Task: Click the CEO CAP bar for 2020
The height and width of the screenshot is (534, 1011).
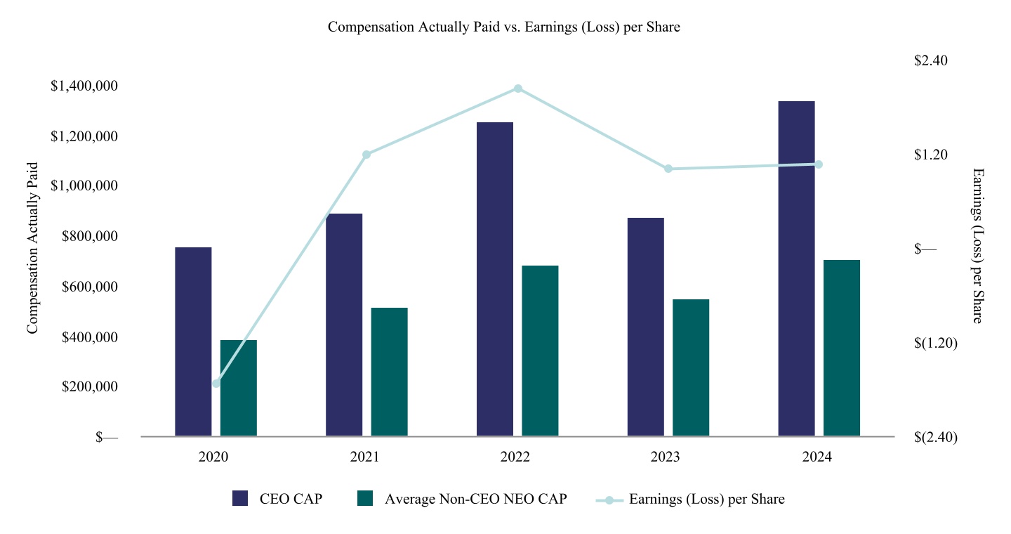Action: point(193,341)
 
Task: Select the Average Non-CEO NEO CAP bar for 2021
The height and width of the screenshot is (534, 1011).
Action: point(390,372)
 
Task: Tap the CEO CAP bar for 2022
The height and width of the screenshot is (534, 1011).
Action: point(495,279)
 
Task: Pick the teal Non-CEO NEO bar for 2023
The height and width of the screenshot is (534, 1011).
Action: point(691,367)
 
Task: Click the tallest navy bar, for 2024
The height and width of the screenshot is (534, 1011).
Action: point(797,268)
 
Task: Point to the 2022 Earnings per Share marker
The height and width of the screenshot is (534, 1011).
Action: point(518,89)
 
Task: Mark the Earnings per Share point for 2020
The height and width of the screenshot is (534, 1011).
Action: point(216,384)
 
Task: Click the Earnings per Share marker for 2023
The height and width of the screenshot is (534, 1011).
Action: point(668,169)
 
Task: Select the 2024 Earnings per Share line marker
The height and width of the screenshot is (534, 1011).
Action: point(819,164)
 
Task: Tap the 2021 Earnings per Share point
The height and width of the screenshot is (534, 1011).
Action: point(366,155)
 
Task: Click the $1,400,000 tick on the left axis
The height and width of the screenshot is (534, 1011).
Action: point(84,86)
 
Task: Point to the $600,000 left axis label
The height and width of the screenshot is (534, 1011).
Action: point(89,287)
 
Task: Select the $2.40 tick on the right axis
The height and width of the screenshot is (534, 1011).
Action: point(931,60)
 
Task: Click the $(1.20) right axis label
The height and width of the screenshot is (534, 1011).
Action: point(936,343)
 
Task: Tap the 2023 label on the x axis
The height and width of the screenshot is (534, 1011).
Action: point(665,457)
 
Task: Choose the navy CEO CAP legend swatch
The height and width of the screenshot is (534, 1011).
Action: point(240,498)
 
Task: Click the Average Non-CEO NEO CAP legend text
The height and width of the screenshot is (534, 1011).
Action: point(476,499)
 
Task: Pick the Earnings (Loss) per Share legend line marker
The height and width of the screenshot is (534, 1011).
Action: point(609,500)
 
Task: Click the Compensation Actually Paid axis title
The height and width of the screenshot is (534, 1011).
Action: point(32,248)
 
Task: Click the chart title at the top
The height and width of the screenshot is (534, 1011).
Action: point(503,27)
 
